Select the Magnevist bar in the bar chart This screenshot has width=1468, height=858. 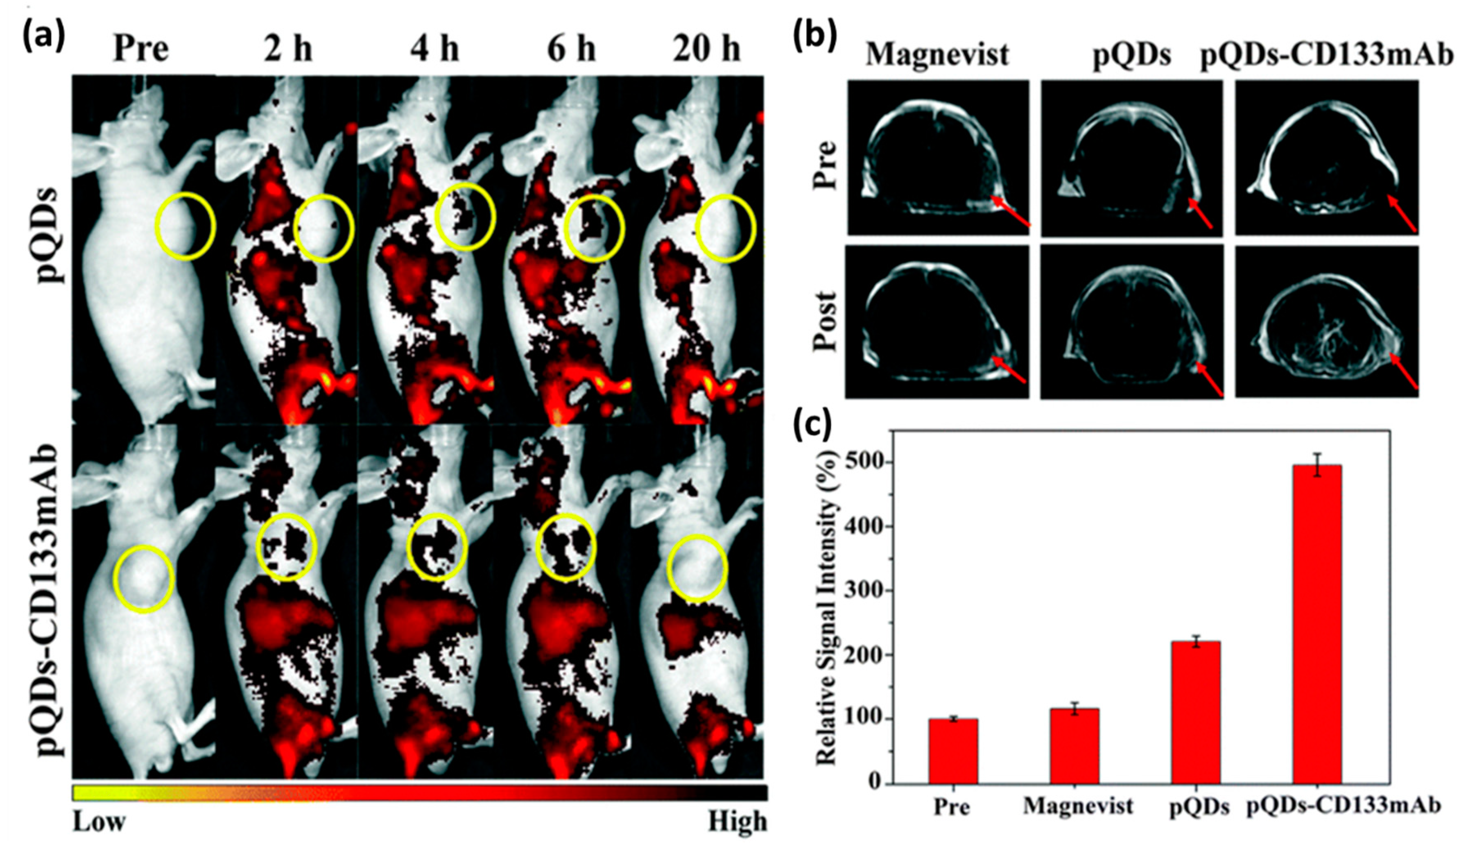[x=1075, y=746]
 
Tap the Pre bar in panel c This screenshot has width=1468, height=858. [x=954, y=752]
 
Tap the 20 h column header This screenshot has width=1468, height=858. [x=707, y=50]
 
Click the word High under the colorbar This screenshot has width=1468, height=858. [x=737, y=821]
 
